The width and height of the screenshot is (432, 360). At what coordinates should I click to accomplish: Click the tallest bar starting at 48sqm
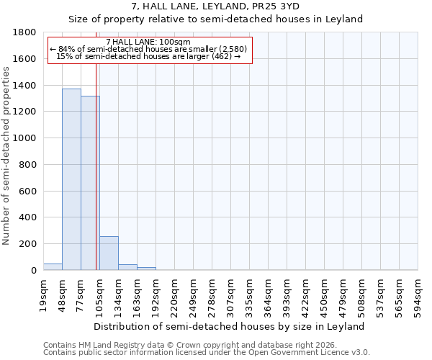(x=71, y=179)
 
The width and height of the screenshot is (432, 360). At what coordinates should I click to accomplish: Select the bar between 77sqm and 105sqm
(x=90, y=183)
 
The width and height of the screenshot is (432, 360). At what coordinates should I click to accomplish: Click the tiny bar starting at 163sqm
(x=146, y=269)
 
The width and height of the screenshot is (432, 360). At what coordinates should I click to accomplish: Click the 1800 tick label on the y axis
(x=24, y=32)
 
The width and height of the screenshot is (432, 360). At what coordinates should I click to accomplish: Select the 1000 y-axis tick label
(x=24, y=138)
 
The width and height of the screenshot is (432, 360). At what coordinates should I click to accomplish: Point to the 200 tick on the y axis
(x=27, y=244)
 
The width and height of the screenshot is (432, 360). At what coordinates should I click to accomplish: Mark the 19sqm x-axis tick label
(x=44, y=294)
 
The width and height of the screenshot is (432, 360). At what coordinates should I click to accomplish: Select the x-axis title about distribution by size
(x=230, y=326)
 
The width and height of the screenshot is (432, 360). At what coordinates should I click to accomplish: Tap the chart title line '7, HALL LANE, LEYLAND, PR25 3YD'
(x=215, y=6)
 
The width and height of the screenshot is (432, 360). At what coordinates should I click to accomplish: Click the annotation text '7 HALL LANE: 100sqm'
(x=148, y=42)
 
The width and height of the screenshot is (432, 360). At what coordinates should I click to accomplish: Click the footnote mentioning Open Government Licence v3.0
(x=207, y=353)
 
